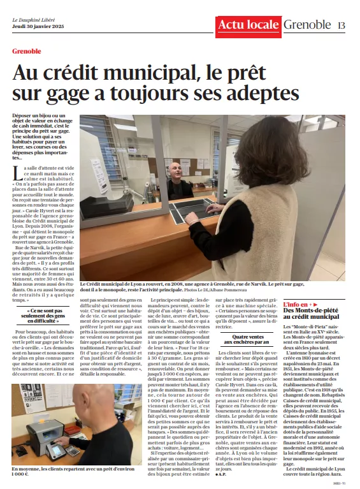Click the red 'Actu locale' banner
(x=248, y=25)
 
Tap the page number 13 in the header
(x=342, y=25)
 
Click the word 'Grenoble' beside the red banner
(x=308, y=25)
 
